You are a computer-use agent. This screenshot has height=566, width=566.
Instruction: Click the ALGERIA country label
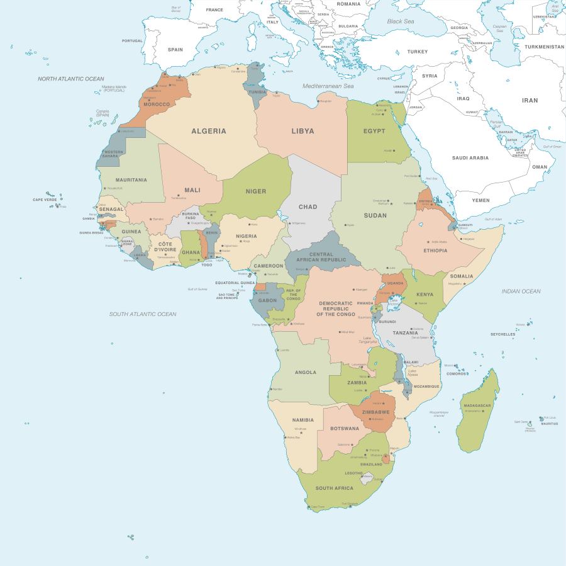(208, 131)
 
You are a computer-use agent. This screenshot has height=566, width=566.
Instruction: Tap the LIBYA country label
(302, 131)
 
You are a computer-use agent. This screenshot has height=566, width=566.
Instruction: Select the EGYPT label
(374, 131)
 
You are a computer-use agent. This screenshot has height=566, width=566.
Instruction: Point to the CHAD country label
(308, 207)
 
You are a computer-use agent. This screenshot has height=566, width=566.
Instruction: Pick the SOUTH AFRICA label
(334, 488)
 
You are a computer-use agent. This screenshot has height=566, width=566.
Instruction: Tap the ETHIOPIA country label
(435, 250)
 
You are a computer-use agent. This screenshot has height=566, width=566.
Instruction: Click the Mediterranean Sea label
(328, 86)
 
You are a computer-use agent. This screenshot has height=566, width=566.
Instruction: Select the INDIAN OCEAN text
(521, 291)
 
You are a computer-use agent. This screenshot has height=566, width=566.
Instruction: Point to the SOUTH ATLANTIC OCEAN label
(143, 314)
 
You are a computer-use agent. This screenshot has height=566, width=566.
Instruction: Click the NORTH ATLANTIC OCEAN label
(70, 79)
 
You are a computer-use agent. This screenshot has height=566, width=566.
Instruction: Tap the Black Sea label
(401, 21)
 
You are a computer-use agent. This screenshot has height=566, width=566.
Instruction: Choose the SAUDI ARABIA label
(470, 158)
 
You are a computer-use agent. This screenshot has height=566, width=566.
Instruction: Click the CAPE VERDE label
(45, 200)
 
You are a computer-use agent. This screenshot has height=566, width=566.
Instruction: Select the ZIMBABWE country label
(375, 411)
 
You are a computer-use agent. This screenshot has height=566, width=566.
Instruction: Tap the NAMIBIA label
(302, 420)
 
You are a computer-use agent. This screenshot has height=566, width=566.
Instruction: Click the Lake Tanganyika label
(370, 340)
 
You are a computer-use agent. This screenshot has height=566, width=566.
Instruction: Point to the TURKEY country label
(417, 52)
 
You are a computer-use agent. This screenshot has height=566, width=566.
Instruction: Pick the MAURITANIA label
(131, 179)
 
